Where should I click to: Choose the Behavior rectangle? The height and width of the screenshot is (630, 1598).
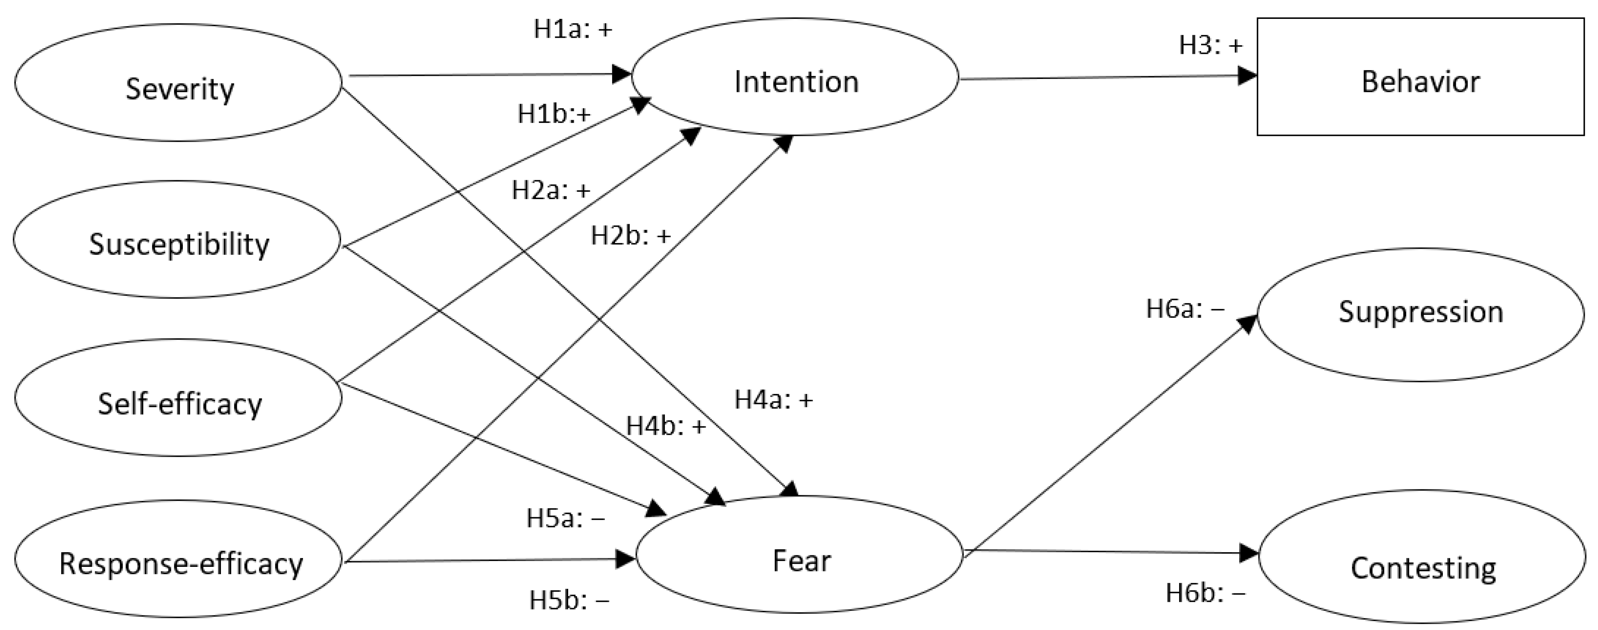1420,77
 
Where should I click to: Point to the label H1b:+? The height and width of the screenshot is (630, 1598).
554,114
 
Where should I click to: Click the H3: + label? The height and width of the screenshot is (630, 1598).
1211,45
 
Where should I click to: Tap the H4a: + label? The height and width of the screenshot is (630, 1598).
773,400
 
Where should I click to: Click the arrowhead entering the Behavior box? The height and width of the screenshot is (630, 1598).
1247,76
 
